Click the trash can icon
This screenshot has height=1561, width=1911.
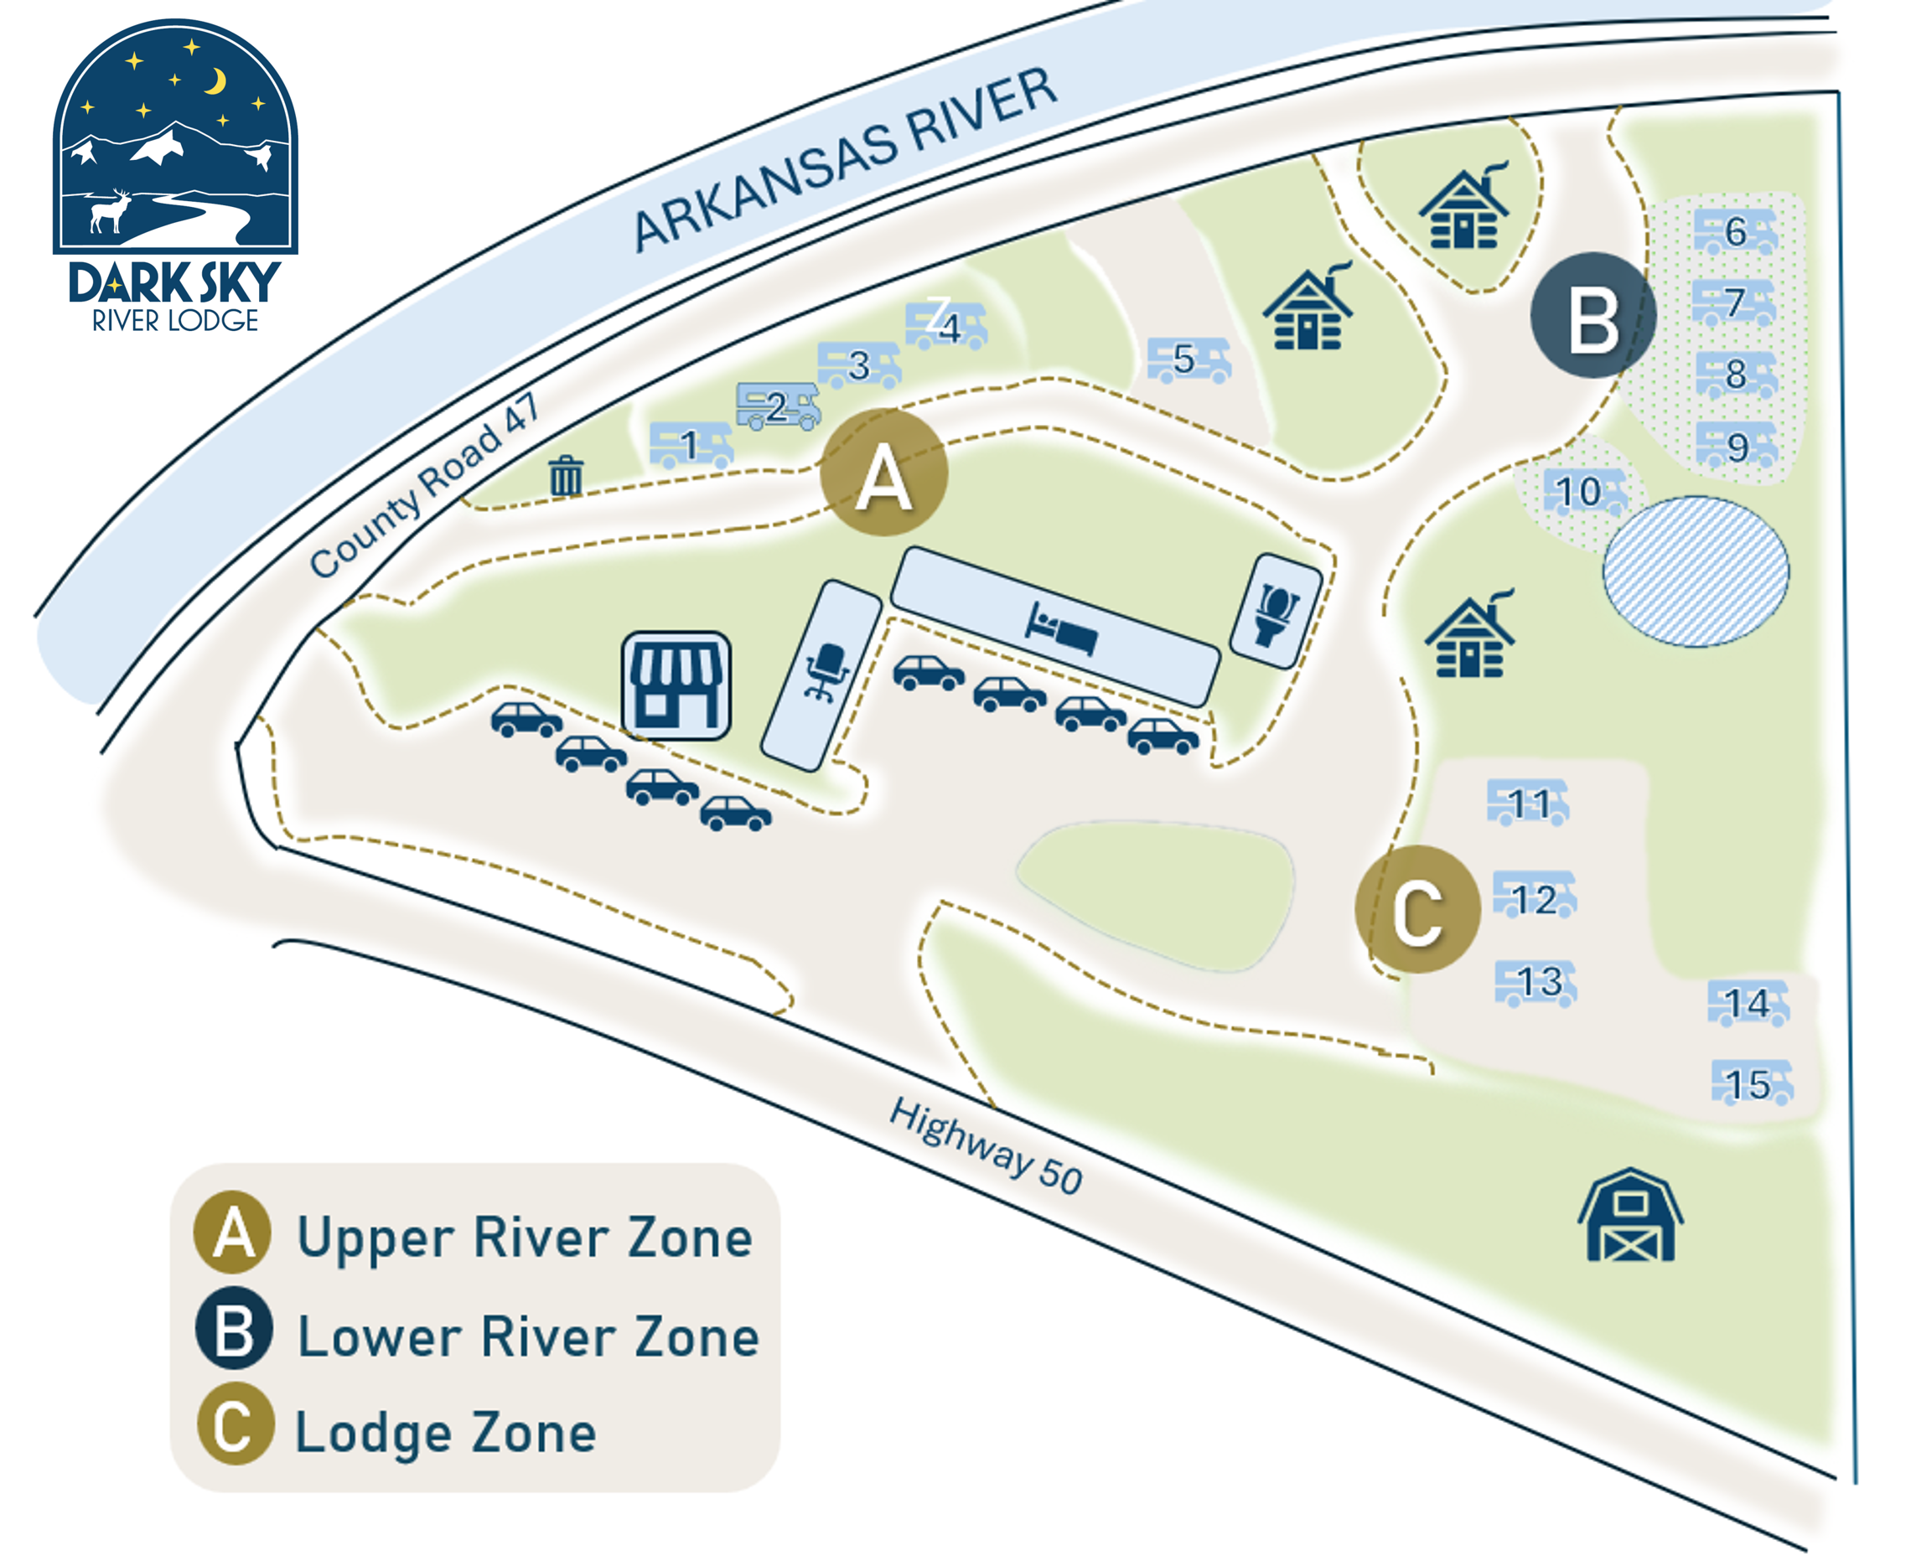tap(566, 476)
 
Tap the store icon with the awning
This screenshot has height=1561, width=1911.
tap(676, 685)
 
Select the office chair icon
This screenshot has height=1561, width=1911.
tap(826, 672)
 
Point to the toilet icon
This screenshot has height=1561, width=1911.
tap(1277, 613)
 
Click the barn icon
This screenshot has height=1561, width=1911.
tap(1629, 1216)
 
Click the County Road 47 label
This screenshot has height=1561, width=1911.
tap(423, 487)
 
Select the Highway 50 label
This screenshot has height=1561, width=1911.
tap(986, 1147)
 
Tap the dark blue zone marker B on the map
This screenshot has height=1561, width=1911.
tap(1592, 316)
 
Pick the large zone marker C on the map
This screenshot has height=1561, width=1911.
tap(1418, 910)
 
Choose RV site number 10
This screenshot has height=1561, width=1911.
tap(1582, 492)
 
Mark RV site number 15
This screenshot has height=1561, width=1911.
tap(1751, 1083)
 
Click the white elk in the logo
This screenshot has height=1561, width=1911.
tap(111, 212)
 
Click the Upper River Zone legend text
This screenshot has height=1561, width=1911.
tap(525, 1238)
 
